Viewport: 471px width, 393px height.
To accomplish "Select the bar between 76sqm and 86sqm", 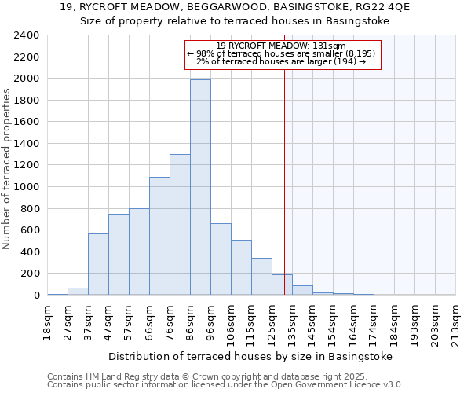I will (180, 224).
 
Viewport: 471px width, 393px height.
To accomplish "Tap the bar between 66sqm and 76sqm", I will (159, 236).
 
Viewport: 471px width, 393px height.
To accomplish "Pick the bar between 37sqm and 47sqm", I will (98, 264).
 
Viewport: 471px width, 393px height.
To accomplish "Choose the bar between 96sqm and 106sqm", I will (221, 259).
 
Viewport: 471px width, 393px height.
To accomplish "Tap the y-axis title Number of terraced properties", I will (7, 169).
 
